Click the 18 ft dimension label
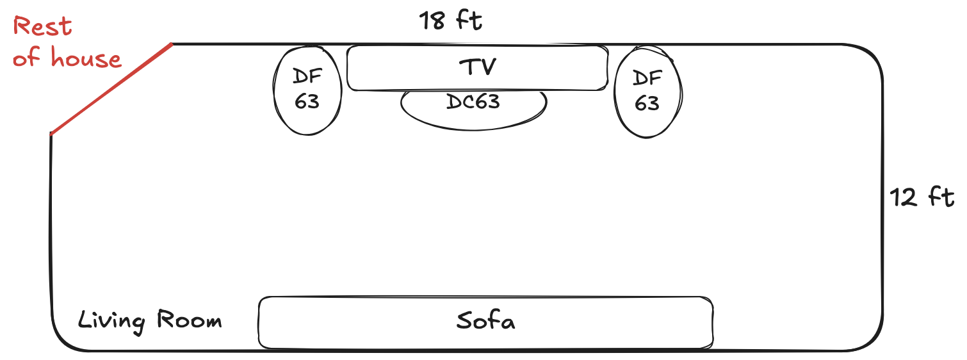point(450,21)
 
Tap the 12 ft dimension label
point(922,197)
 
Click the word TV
point(477,66)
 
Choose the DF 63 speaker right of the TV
point(647,90)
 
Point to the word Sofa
point(485,320)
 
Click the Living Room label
point(150,320)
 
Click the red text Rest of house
point(67,43)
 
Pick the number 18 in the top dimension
point(432,21)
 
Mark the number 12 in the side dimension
point(904,197)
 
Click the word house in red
point(86,59)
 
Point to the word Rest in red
point(42,27)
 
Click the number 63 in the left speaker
point(307,101)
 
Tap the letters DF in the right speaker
point(647,79)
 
